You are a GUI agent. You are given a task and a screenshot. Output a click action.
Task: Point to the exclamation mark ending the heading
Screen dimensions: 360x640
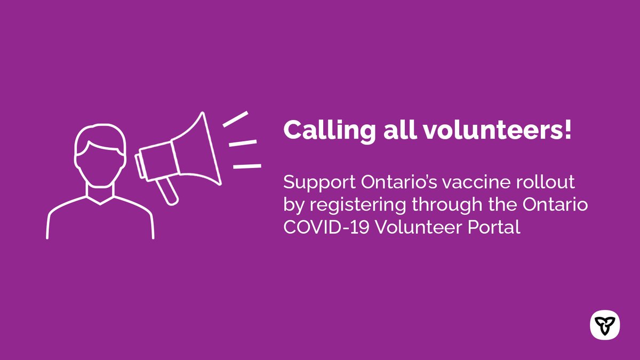(x=567, y=130)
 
